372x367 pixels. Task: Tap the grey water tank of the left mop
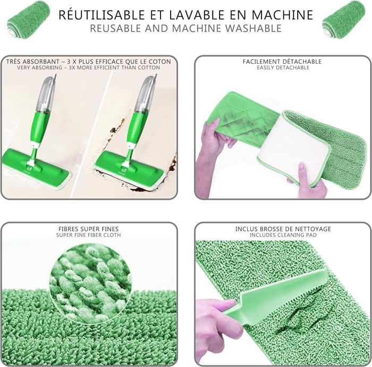[46, 93]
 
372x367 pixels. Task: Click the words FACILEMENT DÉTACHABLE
[282, 62]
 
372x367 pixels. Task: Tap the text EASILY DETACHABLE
[283, 67]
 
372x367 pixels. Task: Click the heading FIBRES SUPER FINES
[89, 229]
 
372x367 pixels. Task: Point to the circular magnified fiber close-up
[90, 278]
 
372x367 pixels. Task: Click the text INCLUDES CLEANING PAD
[283, 235]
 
